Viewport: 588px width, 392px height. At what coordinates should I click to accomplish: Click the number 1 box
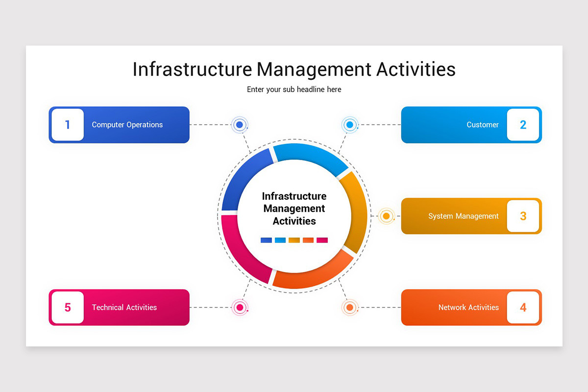coord(68,125)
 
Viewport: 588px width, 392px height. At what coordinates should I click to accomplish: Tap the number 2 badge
coord(523,125)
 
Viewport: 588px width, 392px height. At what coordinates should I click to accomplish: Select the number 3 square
coord(523,216)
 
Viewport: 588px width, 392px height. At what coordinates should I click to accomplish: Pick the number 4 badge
coord(523,308)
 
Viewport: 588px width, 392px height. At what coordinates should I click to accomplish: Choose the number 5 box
coord(68,308)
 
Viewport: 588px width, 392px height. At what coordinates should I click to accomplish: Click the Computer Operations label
coord(127,125)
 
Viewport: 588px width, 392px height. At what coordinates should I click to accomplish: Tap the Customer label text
coord(482,125)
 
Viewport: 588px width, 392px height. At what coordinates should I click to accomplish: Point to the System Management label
coord(463,216)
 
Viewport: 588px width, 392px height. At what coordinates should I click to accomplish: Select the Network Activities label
coord(468,308)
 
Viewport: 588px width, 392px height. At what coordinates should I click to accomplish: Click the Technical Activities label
coord(124,308)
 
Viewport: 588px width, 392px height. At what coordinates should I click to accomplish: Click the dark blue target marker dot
coord(240,125)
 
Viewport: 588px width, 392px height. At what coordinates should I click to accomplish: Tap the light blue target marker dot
coord(349,125)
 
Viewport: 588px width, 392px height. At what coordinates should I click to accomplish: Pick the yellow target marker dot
coord(386,216)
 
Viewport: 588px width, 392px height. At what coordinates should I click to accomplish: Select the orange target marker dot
coord(349,308)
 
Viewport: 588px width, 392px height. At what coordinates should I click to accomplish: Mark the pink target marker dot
coord(240,308)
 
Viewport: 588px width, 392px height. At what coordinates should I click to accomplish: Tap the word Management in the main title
coord(314,70)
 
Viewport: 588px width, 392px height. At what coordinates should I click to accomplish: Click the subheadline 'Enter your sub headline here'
coord(294,90)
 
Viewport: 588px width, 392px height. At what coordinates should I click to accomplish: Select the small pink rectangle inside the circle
coord(322,240)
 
